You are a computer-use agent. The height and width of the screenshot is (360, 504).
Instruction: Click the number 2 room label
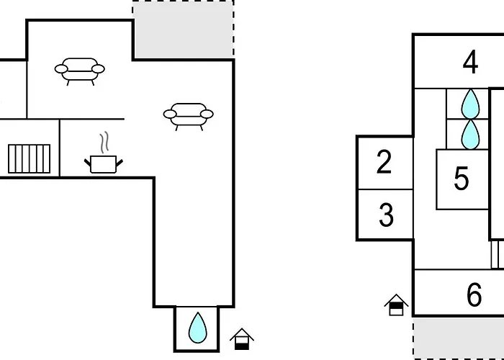tap(384, 162)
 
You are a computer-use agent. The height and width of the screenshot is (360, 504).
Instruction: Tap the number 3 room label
tap(386, 215)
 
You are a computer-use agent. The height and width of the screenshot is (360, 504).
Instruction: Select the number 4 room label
tap(470, 63)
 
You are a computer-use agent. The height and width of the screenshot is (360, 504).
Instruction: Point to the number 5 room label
tap(462, 179)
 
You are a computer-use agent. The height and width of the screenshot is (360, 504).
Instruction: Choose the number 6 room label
tap(474, 294)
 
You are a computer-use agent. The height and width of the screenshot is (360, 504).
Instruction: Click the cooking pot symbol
tap(104, 164)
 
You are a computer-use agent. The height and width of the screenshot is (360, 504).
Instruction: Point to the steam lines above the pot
tap(104, 142)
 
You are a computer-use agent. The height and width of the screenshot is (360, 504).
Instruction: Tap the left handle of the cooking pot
tap(87, 162)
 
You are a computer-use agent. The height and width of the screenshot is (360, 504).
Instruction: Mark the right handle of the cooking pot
tap(120, 162)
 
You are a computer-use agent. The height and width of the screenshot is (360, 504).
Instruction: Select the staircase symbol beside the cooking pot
tap(30, 159)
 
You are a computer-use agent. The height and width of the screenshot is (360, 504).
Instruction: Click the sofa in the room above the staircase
tap(80, 71)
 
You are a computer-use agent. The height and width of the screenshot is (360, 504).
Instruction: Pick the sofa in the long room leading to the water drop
tap(189, 117)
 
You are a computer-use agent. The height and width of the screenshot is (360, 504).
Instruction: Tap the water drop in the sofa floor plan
tap(198, 328)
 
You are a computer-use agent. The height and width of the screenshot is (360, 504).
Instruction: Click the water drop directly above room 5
tap(470, 135)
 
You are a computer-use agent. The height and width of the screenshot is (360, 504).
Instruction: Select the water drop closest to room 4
tap(470, 104)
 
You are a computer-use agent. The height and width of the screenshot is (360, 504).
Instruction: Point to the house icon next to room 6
tap(396, 305)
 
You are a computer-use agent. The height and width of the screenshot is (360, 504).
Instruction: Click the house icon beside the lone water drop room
tap(242, 339)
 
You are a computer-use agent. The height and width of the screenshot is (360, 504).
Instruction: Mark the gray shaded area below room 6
tap(459, 338)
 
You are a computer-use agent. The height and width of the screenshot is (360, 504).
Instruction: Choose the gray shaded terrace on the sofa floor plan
tap(183, 30)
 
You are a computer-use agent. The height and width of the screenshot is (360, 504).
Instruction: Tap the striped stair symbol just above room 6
tap(498, 255)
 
